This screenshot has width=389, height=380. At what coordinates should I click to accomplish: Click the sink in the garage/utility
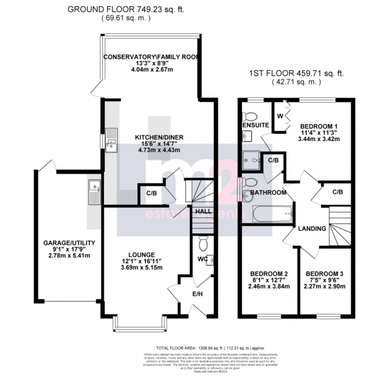[x=95, y=191]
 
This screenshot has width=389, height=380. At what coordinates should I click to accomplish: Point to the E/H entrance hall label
[x=197, y=294]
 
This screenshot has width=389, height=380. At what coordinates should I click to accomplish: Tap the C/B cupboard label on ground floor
[x=152, y=193]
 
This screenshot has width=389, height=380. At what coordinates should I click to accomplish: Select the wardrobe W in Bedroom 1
[x=280, y=117]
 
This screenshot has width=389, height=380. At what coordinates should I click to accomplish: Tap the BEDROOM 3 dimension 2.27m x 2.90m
[x=325, y=286]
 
